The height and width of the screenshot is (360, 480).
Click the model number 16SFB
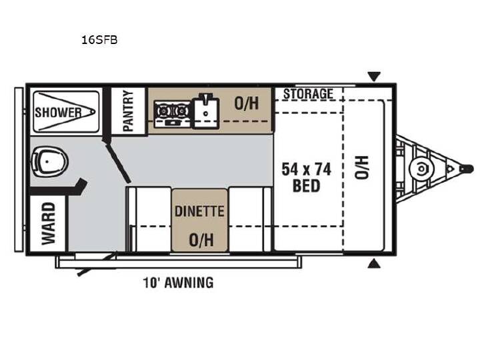99,40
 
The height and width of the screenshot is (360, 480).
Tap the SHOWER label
58,113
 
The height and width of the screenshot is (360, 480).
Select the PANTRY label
128,111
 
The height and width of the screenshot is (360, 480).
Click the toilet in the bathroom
49,161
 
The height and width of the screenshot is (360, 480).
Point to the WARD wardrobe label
49,223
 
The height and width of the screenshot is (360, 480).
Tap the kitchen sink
206,111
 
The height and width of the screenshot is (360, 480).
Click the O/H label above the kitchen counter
247,103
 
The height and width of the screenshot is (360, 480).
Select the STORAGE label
308,94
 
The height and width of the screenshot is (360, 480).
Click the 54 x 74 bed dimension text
307,169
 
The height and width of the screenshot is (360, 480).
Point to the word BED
307,186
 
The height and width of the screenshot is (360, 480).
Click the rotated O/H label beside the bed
361,167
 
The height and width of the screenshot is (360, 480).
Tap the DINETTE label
199,211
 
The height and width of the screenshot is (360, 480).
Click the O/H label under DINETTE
201,240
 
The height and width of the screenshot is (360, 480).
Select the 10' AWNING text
178,283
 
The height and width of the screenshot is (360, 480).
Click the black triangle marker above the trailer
374,76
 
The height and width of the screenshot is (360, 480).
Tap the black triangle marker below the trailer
374,264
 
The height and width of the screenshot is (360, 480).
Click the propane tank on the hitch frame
421,169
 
